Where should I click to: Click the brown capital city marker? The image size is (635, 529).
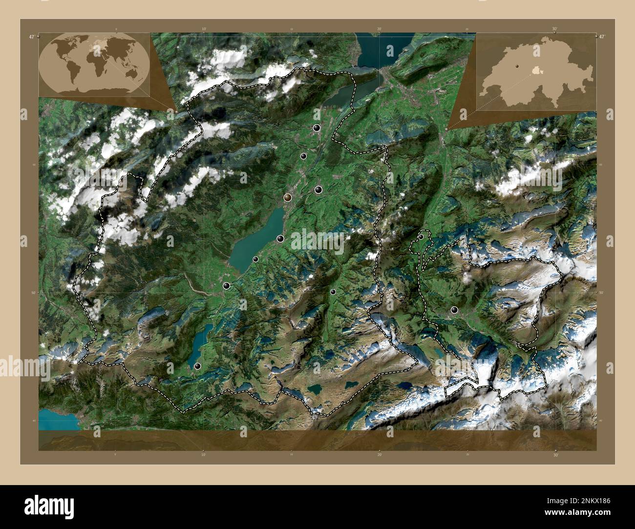point(287,197)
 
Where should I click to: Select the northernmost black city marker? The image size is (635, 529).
point(317,128)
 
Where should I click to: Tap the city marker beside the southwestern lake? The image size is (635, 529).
point(198,366)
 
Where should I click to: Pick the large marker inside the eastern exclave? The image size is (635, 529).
point(454,310)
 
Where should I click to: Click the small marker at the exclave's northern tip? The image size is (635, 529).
point(421,237)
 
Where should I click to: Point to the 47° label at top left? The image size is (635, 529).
point(31,37)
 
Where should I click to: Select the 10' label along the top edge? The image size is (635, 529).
point(204,29)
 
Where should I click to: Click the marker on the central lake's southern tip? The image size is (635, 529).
point(226,285)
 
